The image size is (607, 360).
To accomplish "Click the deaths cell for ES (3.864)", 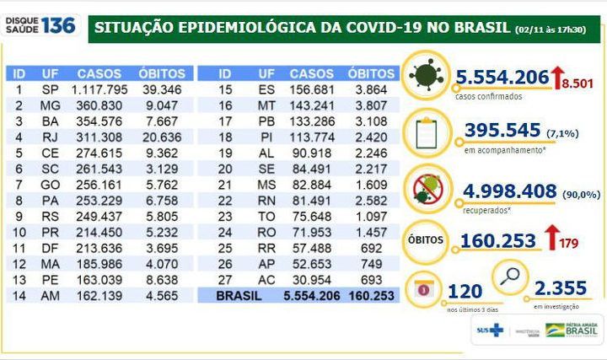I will click(x=372, y=89).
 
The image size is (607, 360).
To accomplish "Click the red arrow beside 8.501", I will click(x=557, y=78).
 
